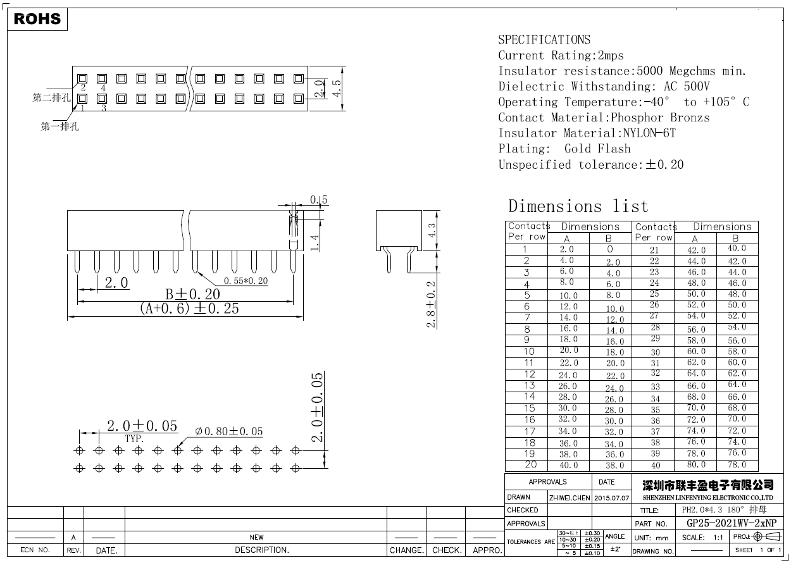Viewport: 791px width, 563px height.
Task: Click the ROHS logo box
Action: [x=37, y=19]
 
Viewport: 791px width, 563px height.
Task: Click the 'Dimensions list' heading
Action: [x=578, y=206]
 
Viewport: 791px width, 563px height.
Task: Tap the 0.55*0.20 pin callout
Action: [x=246, y=281]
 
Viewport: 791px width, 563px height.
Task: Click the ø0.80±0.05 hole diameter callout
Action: [x=228, y=431]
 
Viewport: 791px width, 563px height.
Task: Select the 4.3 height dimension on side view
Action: [x=432, y=230]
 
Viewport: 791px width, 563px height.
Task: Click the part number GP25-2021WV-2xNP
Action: [x=731, y=523]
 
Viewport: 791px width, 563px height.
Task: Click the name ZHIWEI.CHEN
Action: [x=569, y=498]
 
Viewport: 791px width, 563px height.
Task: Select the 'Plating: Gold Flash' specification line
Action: [x=564, y=149]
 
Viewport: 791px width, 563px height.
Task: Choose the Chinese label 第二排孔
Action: [x=51, y=98]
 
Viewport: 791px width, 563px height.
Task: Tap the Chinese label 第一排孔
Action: [x=59, y=127]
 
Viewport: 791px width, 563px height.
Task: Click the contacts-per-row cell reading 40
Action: [x=655, y=466]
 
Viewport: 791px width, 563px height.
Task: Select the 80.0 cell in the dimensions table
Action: [x=695, y=464]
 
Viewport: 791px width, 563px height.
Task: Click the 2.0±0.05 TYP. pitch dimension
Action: [x=142, y=426]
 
